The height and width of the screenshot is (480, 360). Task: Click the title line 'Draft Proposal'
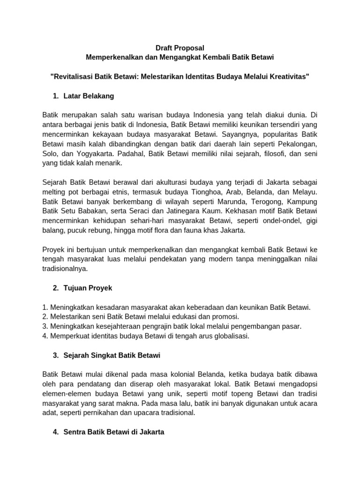(x=180, y=48)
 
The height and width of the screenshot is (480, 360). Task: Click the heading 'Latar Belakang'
(x=89, y=96)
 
